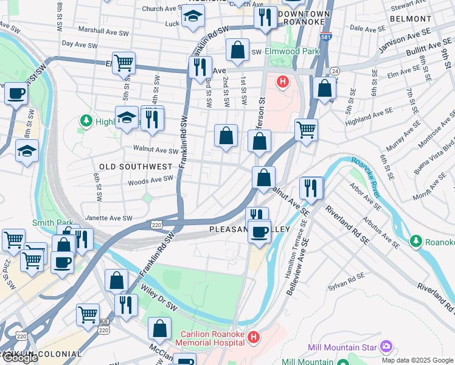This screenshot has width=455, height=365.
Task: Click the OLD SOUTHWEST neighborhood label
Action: tap(136, 166)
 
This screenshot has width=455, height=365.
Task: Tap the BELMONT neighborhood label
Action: tap(411, 19)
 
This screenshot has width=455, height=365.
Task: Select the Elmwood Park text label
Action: tap(292, 52)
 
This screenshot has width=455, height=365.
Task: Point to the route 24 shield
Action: tap(335, 71)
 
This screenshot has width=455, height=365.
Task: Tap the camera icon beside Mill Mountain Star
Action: tap(386, 347)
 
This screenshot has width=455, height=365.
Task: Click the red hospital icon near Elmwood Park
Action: tap(282, 81)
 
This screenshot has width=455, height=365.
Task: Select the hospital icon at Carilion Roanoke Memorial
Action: tap(254, 335)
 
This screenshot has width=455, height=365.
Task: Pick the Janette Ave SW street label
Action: tap(110, 218)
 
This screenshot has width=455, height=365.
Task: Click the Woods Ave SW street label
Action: tap(150, 180)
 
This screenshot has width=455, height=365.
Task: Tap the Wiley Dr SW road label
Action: tap(159, 298)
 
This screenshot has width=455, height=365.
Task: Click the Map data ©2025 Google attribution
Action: tap(417, 360)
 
